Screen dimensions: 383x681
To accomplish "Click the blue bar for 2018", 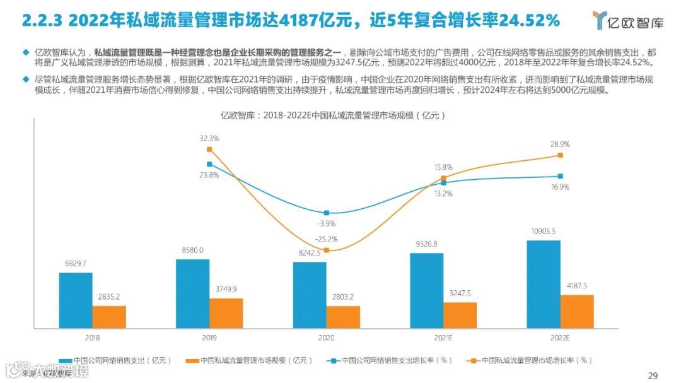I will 76,300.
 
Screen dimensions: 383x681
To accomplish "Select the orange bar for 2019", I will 226,313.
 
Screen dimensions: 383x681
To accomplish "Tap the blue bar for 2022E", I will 544,284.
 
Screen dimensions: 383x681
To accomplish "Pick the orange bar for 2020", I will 343,317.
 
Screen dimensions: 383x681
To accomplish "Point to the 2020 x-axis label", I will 326,338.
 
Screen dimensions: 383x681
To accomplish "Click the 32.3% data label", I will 209,138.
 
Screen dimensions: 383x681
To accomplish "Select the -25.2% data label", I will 327,239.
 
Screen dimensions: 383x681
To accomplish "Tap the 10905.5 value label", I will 544,232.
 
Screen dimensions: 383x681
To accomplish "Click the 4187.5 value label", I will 577,286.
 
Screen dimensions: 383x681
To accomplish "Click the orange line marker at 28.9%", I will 560,155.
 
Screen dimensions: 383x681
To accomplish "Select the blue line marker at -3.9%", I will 327,213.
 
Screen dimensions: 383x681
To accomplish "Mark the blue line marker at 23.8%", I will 209,164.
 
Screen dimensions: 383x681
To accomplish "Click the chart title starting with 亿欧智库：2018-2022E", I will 333,115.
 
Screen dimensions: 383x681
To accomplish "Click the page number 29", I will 653,375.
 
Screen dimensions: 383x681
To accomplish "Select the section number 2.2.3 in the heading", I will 42,21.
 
